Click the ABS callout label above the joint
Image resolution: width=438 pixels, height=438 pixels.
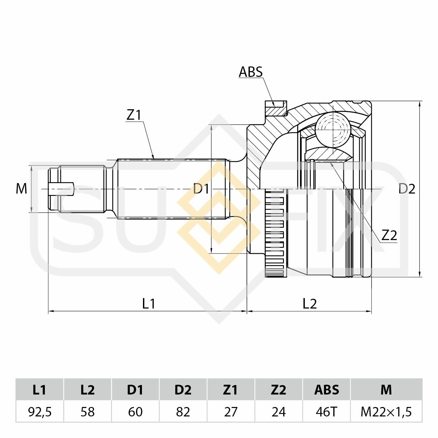251,72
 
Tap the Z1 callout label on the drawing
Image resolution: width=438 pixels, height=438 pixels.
134,115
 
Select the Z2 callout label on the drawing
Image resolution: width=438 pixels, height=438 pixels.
389,235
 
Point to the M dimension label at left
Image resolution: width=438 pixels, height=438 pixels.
21,189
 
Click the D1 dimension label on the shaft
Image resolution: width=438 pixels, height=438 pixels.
201,189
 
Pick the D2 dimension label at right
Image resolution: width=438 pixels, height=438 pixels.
407,189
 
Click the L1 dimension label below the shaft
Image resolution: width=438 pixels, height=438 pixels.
149,303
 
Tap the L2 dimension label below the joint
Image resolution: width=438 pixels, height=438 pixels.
310,303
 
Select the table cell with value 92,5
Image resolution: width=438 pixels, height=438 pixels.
40,412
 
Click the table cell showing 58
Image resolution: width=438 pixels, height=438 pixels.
88,412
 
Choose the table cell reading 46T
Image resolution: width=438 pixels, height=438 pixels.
326,412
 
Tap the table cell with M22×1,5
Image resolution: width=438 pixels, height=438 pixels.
386,412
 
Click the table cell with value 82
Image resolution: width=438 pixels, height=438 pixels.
183,412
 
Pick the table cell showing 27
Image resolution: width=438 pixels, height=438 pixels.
231,412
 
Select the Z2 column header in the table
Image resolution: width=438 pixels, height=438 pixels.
279,390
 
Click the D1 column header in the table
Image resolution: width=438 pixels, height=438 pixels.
135,390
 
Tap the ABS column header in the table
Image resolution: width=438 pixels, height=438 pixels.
326,390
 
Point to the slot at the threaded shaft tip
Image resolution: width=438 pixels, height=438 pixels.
61,189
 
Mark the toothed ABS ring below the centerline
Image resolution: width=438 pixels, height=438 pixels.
275,233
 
